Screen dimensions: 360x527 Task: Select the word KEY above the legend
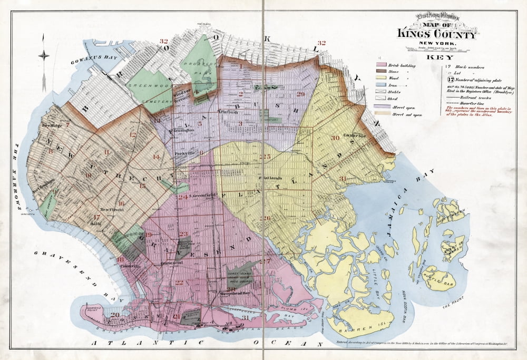437,56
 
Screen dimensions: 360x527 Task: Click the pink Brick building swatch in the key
382,65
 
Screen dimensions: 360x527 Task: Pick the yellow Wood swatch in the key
382,77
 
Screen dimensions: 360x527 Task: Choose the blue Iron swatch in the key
382,83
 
